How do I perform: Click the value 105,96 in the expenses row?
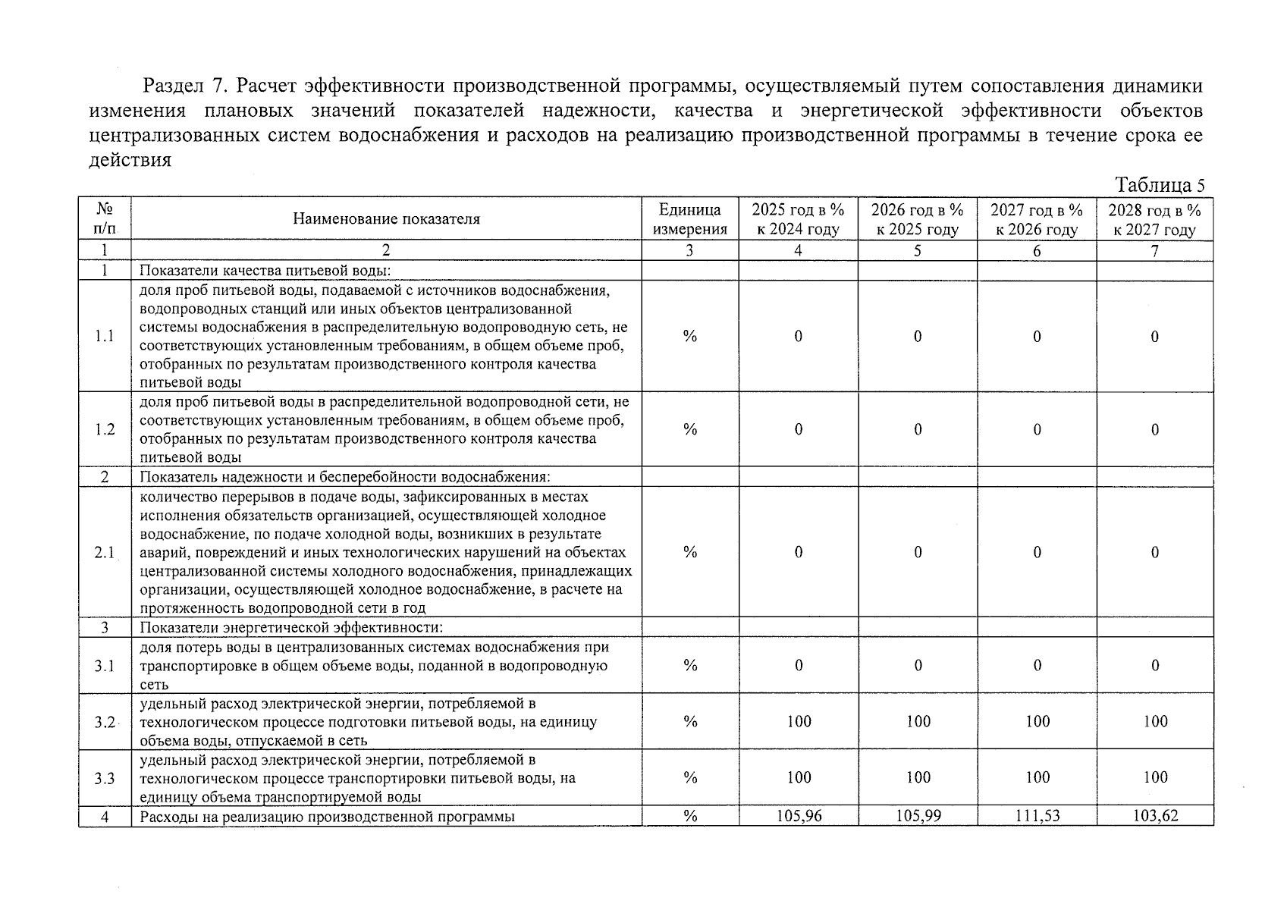click(799, 817)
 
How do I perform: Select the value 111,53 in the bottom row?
click(1037, 817)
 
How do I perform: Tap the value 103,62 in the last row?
click(1155, 817)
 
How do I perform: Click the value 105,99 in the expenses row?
click(918, 817)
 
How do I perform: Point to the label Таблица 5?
click(1160, 186)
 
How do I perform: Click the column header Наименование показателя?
click(386, 220)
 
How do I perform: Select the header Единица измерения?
click(689, 220)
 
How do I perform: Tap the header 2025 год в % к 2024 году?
click(798, 220)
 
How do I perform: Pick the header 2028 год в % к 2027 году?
click(1154, 220)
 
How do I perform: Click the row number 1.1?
click(105, 336)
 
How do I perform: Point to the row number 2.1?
click(105, 553)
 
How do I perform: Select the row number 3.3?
click(105, 778)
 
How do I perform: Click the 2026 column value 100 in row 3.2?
click(918, 721)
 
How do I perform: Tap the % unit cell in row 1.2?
click(689, 429)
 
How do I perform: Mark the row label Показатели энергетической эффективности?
click(290, 628)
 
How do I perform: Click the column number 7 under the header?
click(1154, 251)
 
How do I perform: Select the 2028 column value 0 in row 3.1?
click(1155, 666)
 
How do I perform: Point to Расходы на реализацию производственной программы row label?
click(327, 817)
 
